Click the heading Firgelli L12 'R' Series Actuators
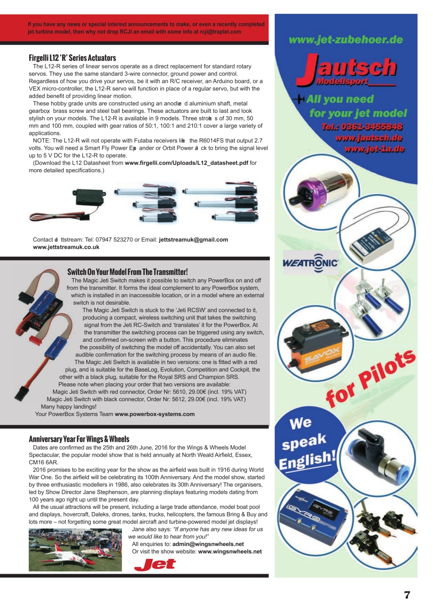click(x=72, y=58)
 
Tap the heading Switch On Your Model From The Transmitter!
click(x=127, y=272)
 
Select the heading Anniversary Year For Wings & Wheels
click(x=79, y=438)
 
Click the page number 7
click(x=407, y=595)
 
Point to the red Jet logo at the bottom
click(x=155, y=565)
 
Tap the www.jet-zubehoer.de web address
click(x=345, y=40)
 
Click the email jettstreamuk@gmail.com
click(x=193, y=240)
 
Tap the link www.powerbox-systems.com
click(x=155, y=414)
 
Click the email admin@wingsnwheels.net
click(x=208, y=544)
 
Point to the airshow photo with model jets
click(x=75, y=550)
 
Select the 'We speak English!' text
click(x=306, y=444)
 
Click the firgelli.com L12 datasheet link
click(x=187, y=163)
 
